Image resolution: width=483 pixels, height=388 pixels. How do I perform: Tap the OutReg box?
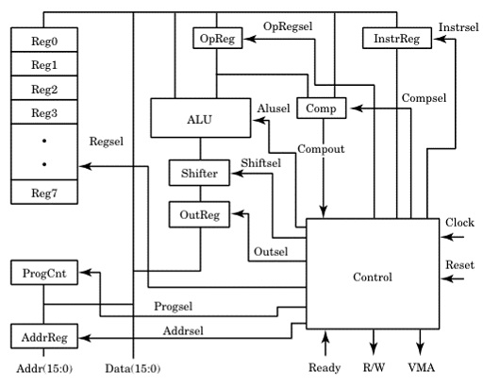[199, 215]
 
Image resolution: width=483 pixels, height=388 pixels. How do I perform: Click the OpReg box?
[217, 39]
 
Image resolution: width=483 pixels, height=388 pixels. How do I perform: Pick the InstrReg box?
[391, 39]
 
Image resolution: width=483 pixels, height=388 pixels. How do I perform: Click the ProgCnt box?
[43, 274]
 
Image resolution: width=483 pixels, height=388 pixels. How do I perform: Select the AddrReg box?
[43, 336]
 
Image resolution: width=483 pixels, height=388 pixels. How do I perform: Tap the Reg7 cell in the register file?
[43, 192]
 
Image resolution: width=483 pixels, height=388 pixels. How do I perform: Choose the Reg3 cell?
[43, 113]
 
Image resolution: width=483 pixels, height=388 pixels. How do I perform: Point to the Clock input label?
[458, 223]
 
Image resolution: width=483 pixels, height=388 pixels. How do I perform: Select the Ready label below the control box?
[325, 368]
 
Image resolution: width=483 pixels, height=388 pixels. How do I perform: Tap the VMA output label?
[421, 368]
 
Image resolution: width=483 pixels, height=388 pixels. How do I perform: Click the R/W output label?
[374, 368]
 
